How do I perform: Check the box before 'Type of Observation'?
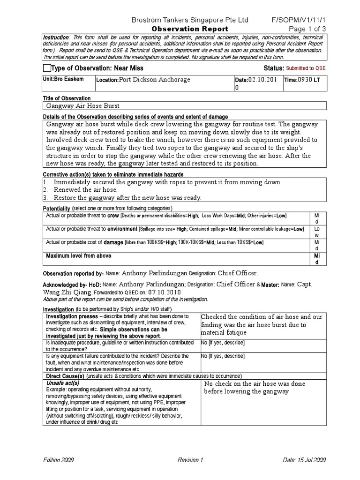[46, 68]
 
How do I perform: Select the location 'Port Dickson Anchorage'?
[155, 80]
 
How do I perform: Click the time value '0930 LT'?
[309, 80]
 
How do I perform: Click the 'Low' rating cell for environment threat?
[317, 232]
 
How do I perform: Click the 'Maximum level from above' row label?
[78, 256]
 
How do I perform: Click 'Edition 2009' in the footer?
[58, 460]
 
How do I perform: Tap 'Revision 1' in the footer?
[190, 460]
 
